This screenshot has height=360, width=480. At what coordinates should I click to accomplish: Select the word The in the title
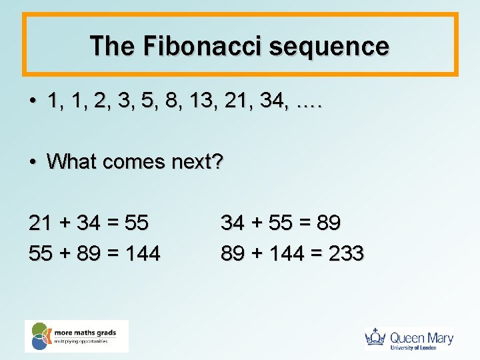pyautogui.click(x=112, y=46)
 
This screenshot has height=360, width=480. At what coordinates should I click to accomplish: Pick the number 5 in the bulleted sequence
pyautogui.click(x=139, y=102)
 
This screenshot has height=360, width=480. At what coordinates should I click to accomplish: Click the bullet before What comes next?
pyautogui.click(x=32, y=162)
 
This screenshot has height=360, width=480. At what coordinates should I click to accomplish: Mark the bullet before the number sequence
pyautogui.click(x=32, y=103)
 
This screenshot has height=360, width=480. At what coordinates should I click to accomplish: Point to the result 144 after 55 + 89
pyautogui.click(x=141, y=253)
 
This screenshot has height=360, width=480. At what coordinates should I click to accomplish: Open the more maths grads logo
pyautogui.click(x=76, y=336)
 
